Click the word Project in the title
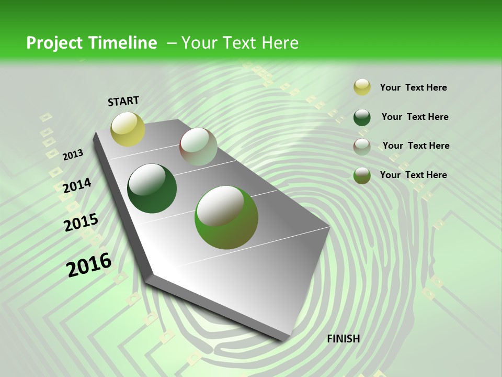[53, 43]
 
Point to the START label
[123, 101]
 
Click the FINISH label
[343, 338]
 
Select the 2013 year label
[73, 155]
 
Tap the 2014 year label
[77, 186]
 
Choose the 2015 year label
[81, 223]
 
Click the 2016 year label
[89, 265]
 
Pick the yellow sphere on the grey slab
[128, 129]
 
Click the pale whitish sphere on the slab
[198, 147]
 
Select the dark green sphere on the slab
[152, 188]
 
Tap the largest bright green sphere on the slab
[226, 217]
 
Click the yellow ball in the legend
[362, 87]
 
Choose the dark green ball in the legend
[362, 117]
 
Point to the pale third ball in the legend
[362, 147]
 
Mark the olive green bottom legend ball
[362, 175]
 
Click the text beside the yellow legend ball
[413, 87]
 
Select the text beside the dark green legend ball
[415, 117]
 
